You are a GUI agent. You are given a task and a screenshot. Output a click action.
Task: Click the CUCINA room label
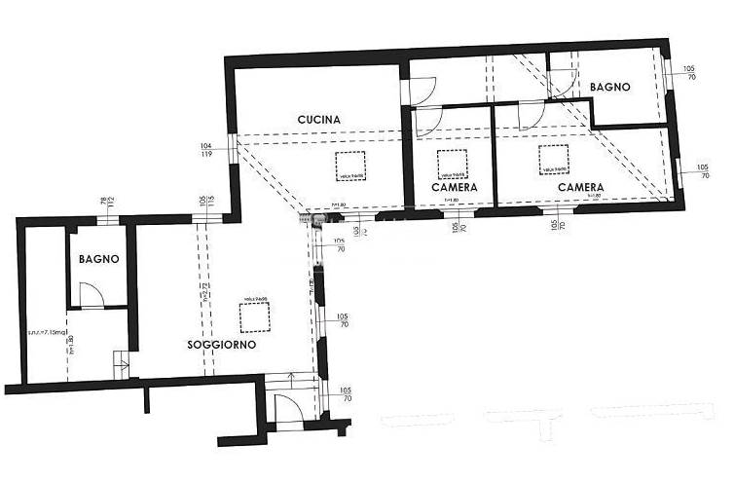(319, 120)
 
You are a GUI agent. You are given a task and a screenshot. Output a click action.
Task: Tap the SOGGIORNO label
(222, 345)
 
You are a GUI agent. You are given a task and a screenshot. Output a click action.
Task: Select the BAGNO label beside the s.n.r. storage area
(99, 259)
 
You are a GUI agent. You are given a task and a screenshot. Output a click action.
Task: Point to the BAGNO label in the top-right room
(610, 87)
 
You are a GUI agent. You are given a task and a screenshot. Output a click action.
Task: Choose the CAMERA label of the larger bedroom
(580, 186)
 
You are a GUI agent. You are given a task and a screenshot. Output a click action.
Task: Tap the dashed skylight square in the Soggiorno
(254, 317)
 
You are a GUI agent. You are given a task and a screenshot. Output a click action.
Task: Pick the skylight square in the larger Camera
(554, 158)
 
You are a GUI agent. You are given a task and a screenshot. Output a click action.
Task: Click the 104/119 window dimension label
(206, 148)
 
